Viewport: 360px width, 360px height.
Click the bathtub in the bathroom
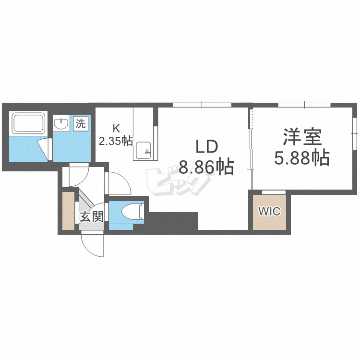(28, 123)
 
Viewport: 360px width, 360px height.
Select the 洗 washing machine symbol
(81, 123)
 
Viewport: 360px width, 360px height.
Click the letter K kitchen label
(116, 128)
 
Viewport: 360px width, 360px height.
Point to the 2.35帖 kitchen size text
(116, 141)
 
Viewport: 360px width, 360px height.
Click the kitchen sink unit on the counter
(144, 150)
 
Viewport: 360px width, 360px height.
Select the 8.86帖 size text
(206, 167)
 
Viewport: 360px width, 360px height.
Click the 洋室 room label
(301, 137)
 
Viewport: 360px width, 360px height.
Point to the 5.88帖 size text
(301, 157)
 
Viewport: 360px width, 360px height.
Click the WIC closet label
(269, 211)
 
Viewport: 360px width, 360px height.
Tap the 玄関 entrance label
(91, 216)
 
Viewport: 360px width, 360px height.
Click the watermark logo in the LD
(179, 181)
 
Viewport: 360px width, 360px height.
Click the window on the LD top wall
(202, 105)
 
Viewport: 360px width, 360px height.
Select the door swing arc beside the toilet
(118, 185)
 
